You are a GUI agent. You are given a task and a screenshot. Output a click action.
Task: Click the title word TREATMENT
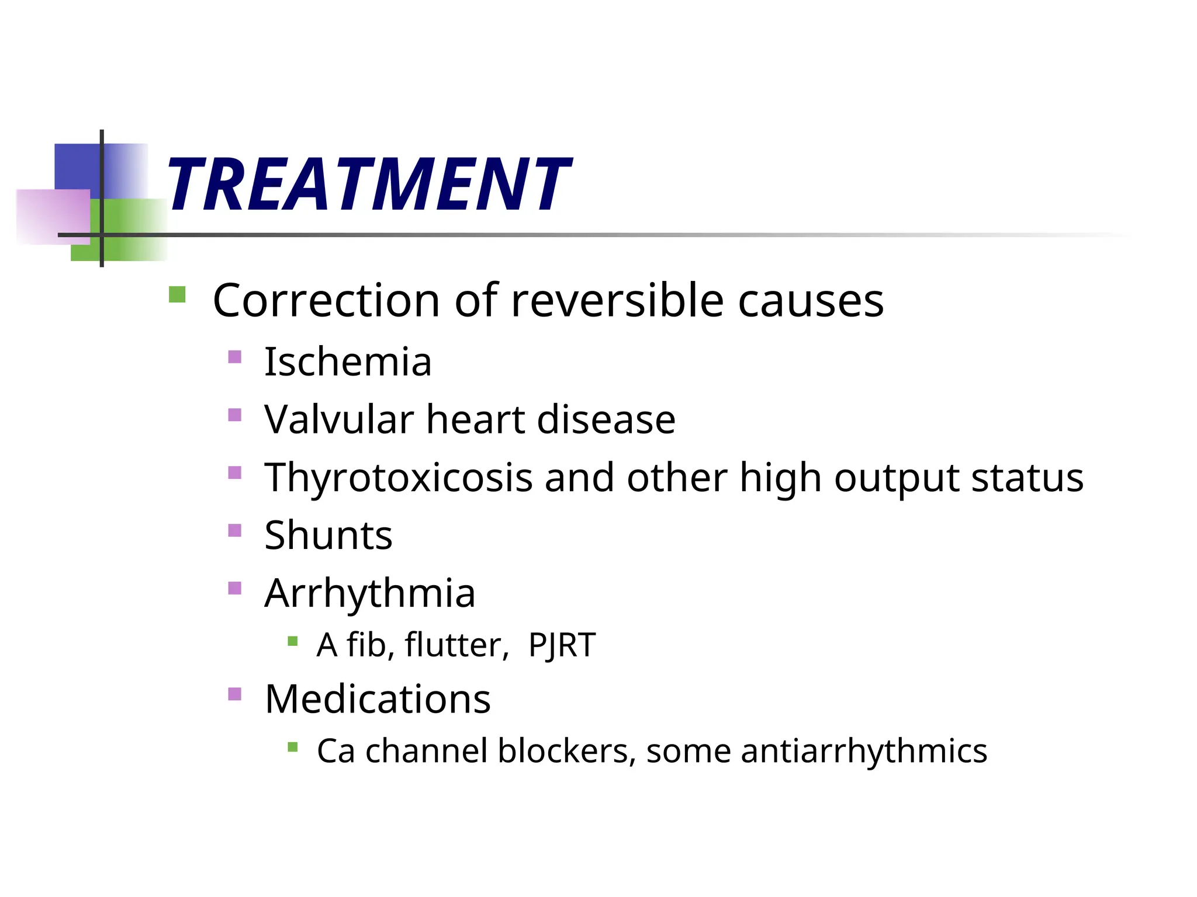tap(368, 185)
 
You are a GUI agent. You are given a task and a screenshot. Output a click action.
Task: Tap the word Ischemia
tap(348, 362)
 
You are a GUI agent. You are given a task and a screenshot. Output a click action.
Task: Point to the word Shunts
tap(328, 535)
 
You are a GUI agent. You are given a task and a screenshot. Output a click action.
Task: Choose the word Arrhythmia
tap(369, 593)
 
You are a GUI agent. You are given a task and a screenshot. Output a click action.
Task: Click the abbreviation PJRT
tap(562, 645)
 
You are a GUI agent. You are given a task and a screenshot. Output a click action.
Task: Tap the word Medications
tap(378, 698)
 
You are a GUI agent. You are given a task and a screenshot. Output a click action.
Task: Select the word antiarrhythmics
tap(864, 751)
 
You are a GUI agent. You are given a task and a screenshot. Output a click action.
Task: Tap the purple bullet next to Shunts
tap(234, 530)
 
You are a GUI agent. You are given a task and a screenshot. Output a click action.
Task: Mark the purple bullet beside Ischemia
tap(234, 356)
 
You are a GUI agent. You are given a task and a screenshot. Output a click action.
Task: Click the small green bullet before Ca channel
tap(293, 746)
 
